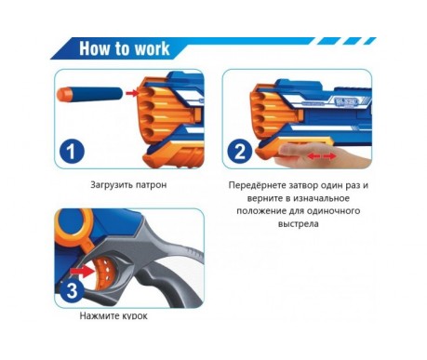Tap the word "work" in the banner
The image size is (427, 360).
(x=152, y=48)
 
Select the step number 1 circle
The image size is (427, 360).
(x=72, y=153)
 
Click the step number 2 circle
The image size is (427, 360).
(x=240, y=153)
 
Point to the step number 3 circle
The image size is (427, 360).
(x=72, y=291)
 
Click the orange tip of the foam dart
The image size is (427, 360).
(x=64, y=93)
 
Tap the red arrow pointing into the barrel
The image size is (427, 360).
(x=131, y=93)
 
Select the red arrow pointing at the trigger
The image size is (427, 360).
(x=83, y=272)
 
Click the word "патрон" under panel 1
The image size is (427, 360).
(x=152, y=185)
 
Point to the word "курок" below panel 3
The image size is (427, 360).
(x=132, y=316)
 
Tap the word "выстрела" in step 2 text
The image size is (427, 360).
(x=299, y=224)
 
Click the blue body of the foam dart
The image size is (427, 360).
(x=97, y=93)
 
